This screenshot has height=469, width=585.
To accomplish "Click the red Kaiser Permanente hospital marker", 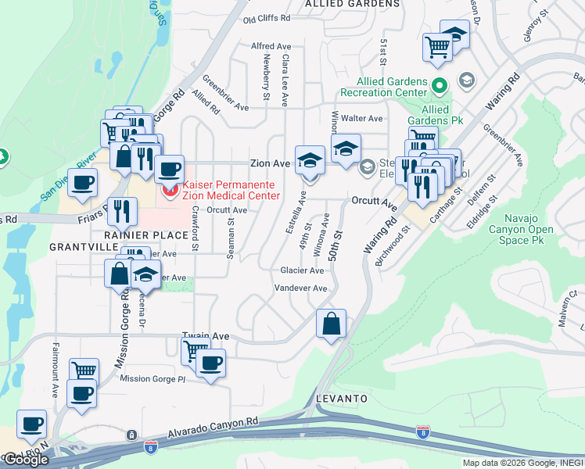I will click(167, 189).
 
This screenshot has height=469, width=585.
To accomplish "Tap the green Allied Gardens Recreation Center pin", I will click(440, 84).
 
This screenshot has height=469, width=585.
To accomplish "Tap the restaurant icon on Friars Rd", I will click(122, 210).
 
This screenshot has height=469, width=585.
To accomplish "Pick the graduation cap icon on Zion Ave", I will click(310, 160).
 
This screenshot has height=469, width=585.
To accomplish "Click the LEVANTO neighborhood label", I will click(342, 399).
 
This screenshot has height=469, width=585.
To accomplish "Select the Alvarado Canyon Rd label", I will click(213, 426).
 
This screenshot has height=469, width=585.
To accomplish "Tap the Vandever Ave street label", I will click(300, 288).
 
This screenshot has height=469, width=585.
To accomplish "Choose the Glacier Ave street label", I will click(302, 270).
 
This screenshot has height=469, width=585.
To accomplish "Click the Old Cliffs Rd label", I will click(267, 18).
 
